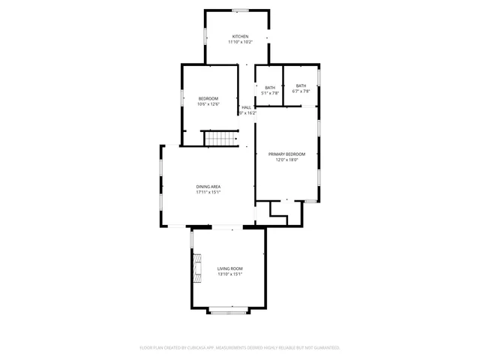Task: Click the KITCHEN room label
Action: tap(240, 36)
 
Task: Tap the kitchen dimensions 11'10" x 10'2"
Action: tap(240, 42)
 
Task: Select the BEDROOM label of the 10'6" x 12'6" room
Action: tap(208, 98)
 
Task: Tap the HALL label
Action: tap(246, 107)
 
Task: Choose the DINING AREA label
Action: tap(208, 187)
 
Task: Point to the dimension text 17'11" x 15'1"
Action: tap(208, 193)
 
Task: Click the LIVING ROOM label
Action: tap(230, 268)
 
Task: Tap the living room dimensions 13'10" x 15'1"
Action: tap(230, 274)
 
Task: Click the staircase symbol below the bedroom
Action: tap(220, 139)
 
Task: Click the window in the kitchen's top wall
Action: tap(239, 10)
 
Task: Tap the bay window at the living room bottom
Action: tap(227, 310)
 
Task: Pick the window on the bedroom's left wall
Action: tap(181, 97)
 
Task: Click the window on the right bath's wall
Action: tap(319, 77)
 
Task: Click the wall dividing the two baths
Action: tap(283, 86)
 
